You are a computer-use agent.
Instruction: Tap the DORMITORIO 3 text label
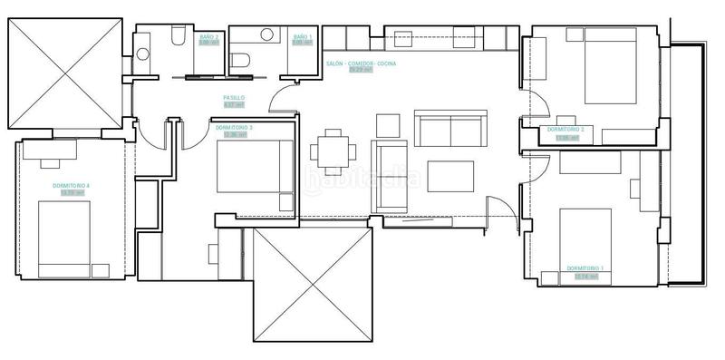pyautogui.click(x=235, y=129)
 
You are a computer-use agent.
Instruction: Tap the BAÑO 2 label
pyautogui.click(x=209, y=36)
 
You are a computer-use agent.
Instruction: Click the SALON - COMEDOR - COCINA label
pyautogui.click(x=360, y=64)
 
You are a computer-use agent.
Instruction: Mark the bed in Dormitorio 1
pyautogui.click(x=585, y=238)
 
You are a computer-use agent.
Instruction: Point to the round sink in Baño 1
pyautogui.click(x=267, y=34)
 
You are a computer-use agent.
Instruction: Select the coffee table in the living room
pyautogui.click(x=450, y=176)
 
